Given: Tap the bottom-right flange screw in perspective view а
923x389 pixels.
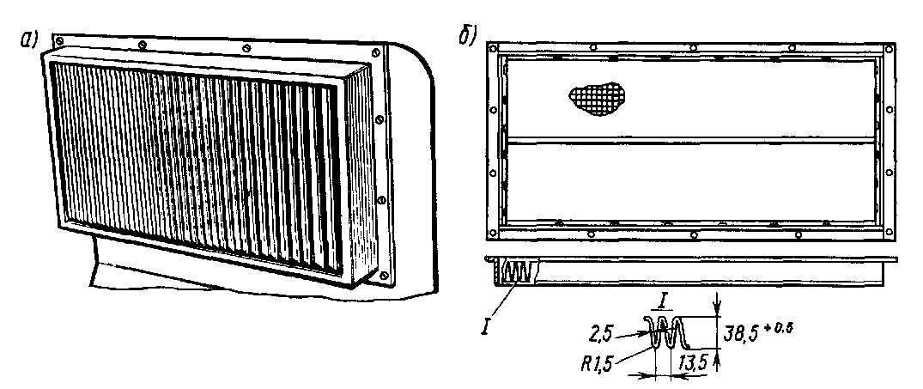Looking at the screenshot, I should pos(384,276).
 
